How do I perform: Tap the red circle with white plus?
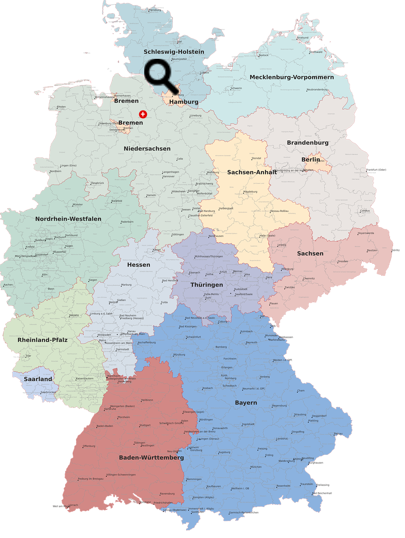click(143, 114)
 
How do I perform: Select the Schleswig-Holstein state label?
click(174, 52)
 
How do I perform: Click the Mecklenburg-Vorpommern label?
click(291, 77)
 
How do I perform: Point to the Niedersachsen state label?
click(147, 148)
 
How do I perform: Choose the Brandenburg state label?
click(307, 142)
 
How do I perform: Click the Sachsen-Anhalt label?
click(252, 172)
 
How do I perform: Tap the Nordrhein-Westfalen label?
click(68, 219)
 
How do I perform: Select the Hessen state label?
click(138, 264)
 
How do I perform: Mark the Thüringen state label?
click(206, 285)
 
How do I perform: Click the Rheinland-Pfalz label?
click(42, 340)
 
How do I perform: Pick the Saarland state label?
click(38, 379)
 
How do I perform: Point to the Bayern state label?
click(246, 402)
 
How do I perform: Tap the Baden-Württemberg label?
click(151, 457)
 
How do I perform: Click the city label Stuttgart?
click(145, 425)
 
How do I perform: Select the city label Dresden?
click(343, 261)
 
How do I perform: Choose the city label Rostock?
click(264, 55)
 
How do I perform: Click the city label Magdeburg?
click(250, 192)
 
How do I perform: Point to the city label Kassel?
click(156, 250)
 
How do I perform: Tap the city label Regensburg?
click(279, 406)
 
